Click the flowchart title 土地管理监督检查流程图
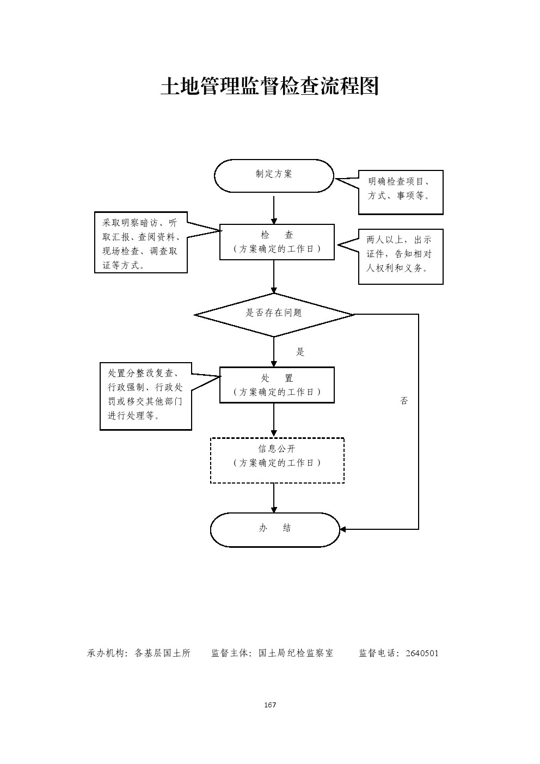[269, 86]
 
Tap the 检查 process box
[277, 242]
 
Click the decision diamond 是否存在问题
[274, 314]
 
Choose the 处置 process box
[277, 385]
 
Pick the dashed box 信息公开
[277, 460]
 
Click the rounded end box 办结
[275, 529]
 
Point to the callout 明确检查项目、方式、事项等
[401, 192]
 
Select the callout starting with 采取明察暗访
[141, 242]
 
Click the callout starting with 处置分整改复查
[146, 396]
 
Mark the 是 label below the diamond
[300, 352]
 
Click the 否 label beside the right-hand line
[404, 401]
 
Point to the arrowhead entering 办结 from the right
[343, 529]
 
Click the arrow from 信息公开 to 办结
[274, 498]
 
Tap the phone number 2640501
[422, 653]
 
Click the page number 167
[270, 705]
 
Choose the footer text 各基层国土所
[162, 653]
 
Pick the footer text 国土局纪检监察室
[296, 653]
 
